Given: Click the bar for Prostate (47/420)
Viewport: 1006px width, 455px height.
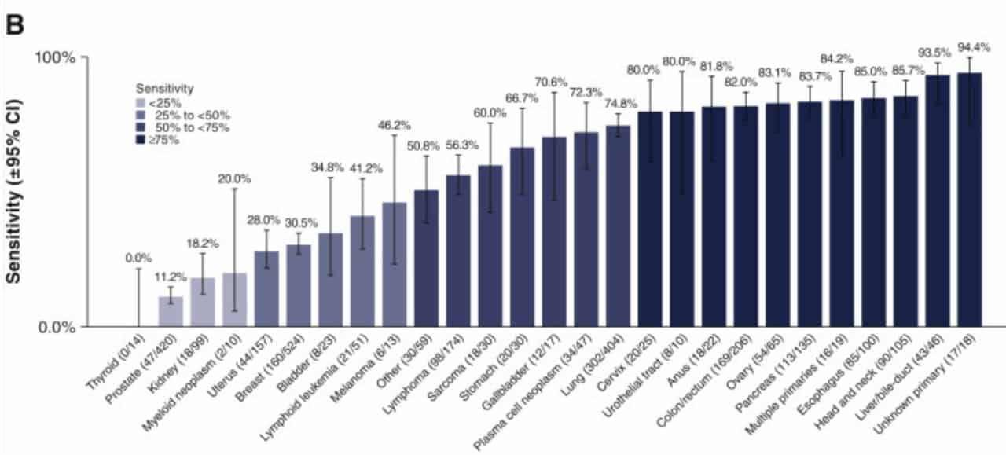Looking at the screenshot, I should [171, 311].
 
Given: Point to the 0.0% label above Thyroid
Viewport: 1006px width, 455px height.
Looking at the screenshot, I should [138, 258].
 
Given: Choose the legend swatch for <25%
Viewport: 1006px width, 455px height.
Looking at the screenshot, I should [141, 102].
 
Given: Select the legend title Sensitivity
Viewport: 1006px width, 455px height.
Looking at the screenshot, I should [164, 88].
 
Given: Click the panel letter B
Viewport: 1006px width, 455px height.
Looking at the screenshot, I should [17, 24].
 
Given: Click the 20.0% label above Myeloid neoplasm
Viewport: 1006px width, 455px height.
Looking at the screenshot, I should [234, 178].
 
